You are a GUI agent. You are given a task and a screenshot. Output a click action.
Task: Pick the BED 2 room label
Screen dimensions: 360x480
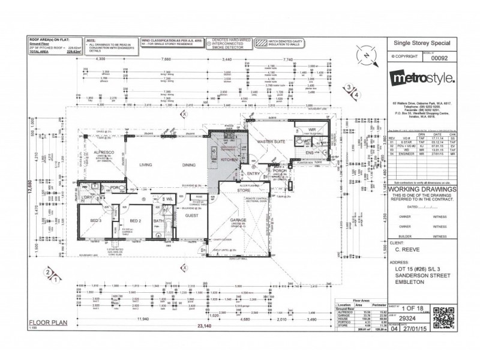click(135, 220)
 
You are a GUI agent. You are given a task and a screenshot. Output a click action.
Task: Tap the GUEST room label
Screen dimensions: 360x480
click(193, 214)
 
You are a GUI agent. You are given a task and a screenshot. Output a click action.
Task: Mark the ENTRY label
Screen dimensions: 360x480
click(253, 173)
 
